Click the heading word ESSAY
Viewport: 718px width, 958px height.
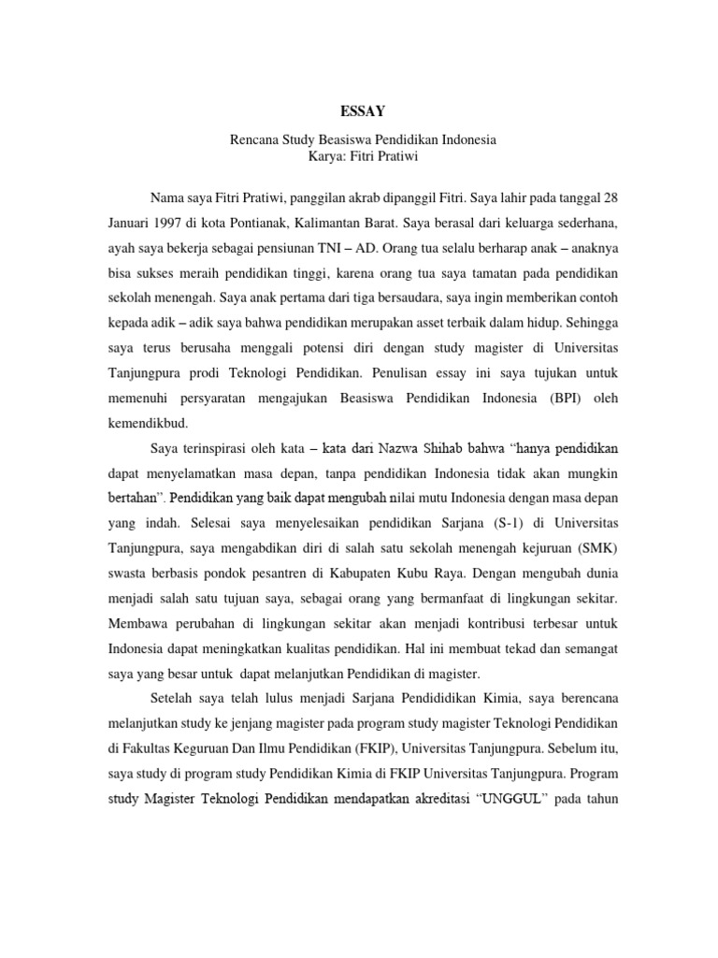(x=363, y=111)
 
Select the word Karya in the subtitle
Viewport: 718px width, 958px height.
(x=325, y=156)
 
